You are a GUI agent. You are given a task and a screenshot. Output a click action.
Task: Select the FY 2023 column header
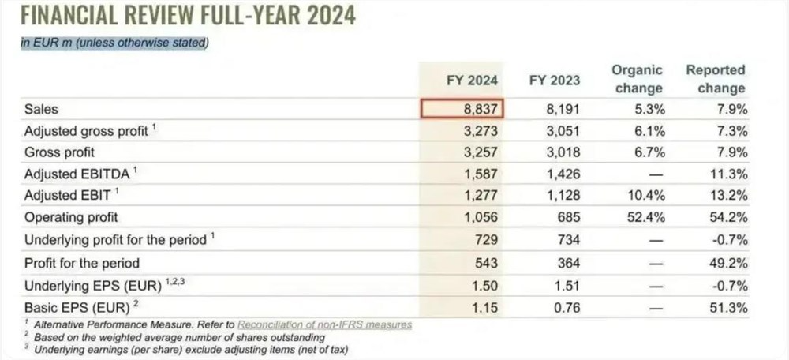554,79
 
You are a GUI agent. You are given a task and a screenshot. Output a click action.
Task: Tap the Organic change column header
637,79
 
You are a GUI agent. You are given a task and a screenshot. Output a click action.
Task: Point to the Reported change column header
715,79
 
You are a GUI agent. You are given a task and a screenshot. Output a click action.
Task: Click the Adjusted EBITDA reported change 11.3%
727,174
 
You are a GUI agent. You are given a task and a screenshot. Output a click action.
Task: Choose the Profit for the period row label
82,263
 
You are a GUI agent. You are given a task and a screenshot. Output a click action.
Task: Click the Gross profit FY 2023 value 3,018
562,152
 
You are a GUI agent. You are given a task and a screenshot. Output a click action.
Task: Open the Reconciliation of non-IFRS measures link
324,324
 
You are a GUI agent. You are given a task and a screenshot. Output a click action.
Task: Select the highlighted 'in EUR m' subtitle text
114,43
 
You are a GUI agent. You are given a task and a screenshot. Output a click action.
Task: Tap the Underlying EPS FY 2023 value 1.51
566,285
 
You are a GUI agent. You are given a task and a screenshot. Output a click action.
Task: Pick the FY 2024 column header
472,79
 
